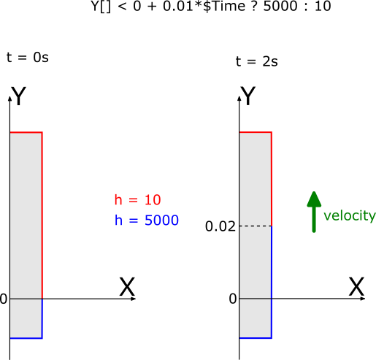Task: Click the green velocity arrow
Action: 314,212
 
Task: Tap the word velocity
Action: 350,215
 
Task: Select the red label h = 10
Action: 138,200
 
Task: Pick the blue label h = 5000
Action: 147,220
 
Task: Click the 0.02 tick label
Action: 220,226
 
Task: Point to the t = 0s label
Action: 28,58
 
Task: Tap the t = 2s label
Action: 257,61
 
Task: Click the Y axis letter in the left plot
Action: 18,96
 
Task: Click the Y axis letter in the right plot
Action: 248,96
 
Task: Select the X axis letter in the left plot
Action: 127,287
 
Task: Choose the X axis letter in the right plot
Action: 356,287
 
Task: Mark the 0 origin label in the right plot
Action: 233,299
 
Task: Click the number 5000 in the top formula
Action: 280,6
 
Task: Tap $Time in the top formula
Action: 224,6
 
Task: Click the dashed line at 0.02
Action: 256,226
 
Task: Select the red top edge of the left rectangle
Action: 26,132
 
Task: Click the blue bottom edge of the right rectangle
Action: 256,338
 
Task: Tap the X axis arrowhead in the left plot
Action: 134,299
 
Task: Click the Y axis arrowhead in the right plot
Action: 239,99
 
